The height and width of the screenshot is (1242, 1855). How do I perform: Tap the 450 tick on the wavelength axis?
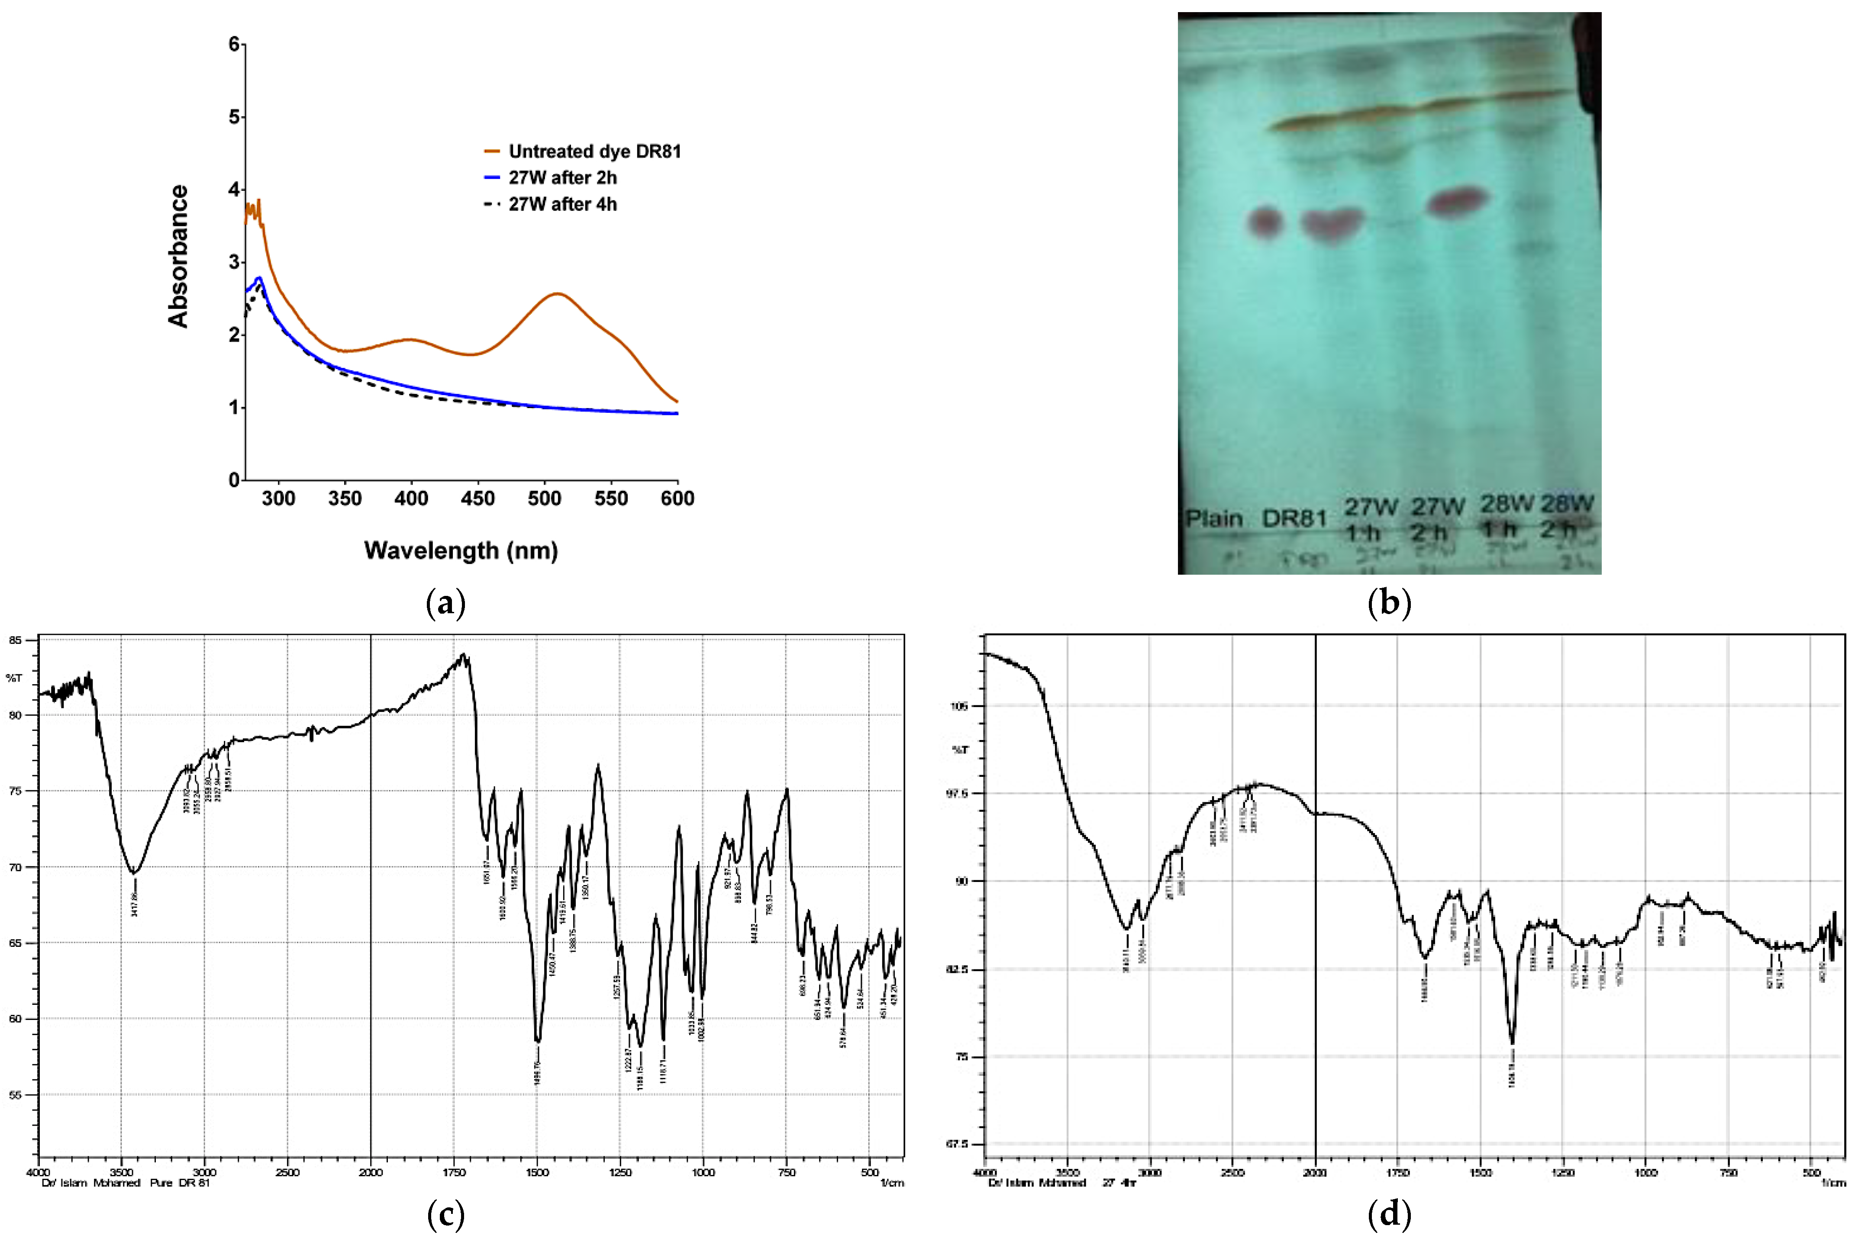[x=478, y=498]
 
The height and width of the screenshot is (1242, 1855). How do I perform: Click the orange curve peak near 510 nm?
[x=558, y=294]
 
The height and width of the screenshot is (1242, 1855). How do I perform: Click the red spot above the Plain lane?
[x=1265, y=221]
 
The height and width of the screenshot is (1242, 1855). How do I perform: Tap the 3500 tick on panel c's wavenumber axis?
[x=121, y=1172]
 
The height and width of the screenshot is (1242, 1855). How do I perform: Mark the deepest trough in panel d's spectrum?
[x=1512, y=1043]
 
